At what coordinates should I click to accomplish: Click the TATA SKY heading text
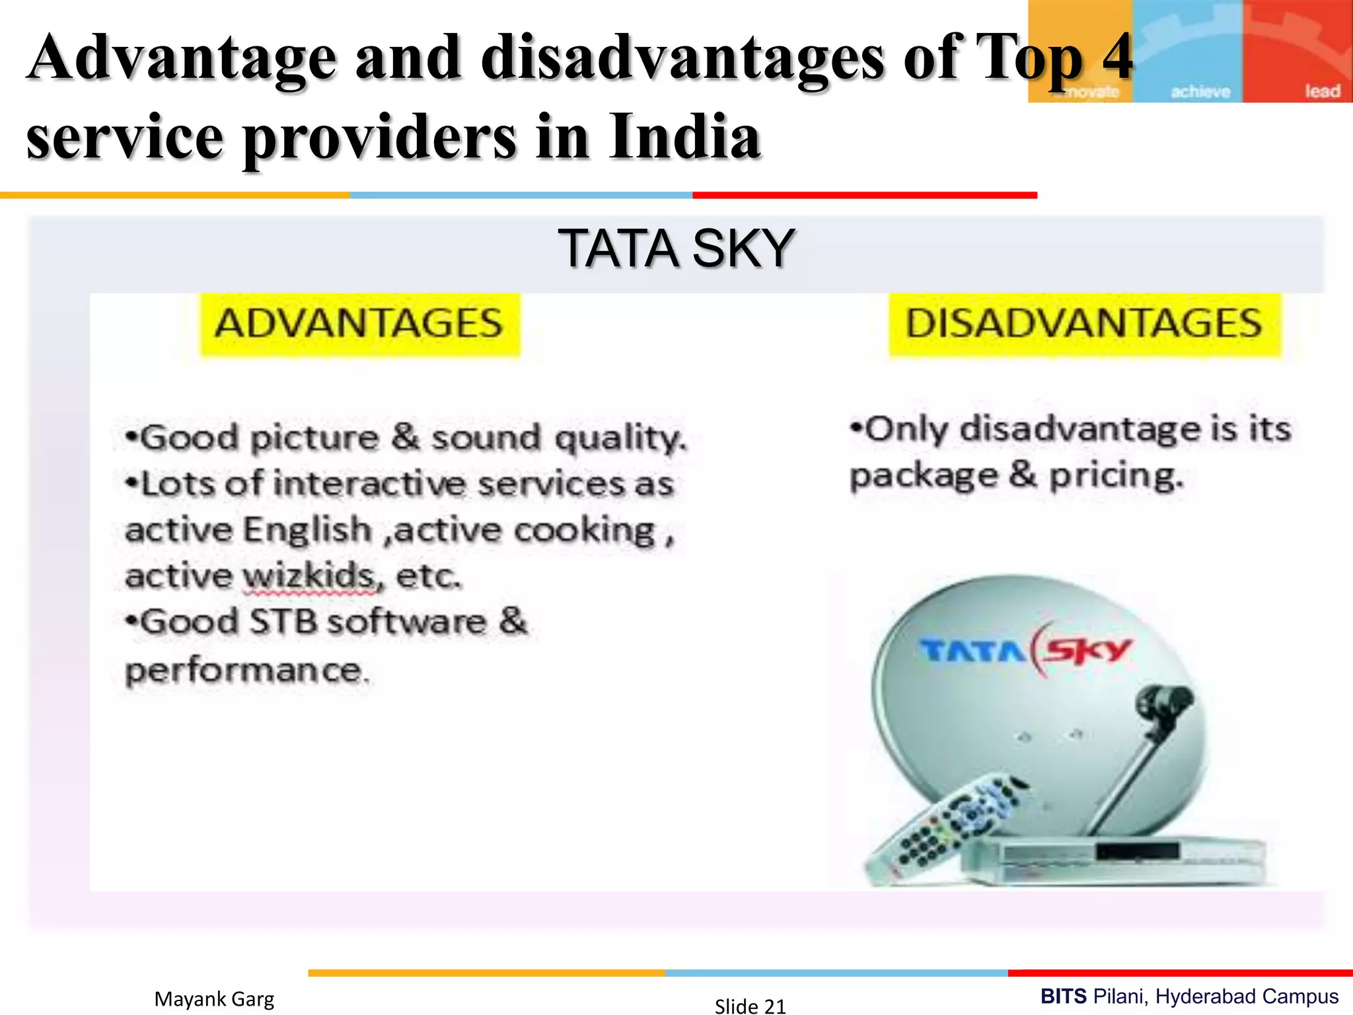676,248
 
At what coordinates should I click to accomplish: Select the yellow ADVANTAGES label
359,324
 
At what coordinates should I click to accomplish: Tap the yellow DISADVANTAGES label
1083,324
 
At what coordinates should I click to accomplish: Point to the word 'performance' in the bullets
244,671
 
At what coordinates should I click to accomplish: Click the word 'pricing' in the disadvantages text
1115,476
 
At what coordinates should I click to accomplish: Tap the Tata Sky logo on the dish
1026,651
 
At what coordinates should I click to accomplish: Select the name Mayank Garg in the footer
214,998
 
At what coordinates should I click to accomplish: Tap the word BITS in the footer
1063,996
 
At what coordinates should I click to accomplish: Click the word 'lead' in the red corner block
1322,91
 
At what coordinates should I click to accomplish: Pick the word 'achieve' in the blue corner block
1200,91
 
